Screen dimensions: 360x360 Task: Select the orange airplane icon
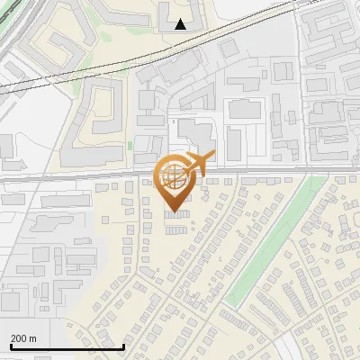tap(199, 162)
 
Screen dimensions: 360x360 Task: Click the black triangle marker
tap(181, 24)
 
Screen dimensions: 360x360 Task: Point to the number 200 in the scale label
tap(20, 338)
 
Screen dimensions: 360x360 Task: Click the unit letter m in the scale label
tap(33, 338)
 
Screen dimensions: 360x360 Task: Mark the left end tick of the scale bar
tap(11, 346)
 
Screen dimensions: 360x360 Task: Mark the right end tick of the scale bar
tap(123, 346)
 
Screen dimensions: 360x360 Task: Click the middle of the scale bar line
tap(67, 347)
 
